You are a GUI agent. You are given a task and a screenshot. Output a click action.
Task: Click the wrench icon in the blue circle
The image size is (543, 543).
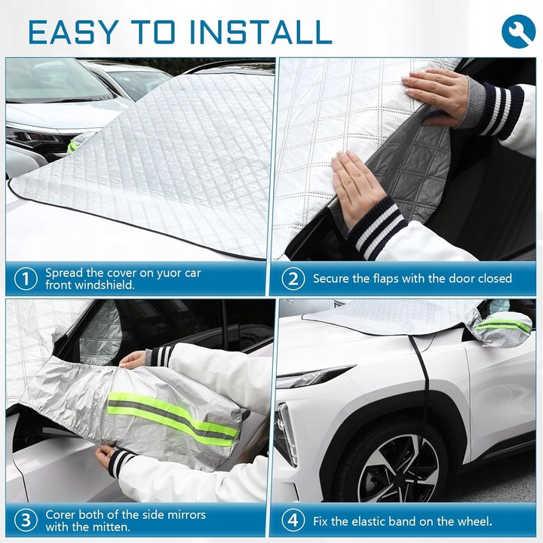[518, 31]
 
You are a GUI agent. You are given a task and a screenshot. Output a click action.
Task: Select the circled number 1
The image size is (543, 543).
[26, 279]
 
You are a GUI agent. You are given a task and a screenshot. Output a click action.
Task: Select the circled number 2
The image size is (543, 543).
[293, 279]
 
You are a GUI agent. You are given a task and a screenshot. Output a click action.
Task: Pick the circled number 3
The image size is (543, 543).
[26, 520]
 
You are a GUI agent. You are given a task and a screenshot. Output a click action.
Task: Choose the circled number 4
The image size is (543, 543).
[293, 520]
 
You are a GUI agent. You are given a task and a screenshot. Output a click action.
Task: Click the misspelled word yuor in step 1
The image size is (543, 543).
[169, 274]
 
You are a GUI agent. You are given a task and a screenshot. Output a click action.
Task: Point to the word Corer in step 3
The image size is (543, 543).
[60, 514]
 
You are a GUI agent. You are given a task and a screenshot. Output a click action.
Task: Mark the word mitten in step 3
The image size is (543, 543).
[112, 526]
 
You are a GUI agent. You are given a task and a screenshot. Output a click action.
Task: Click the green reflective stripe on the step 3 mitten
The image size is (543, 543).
[173, 419]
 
